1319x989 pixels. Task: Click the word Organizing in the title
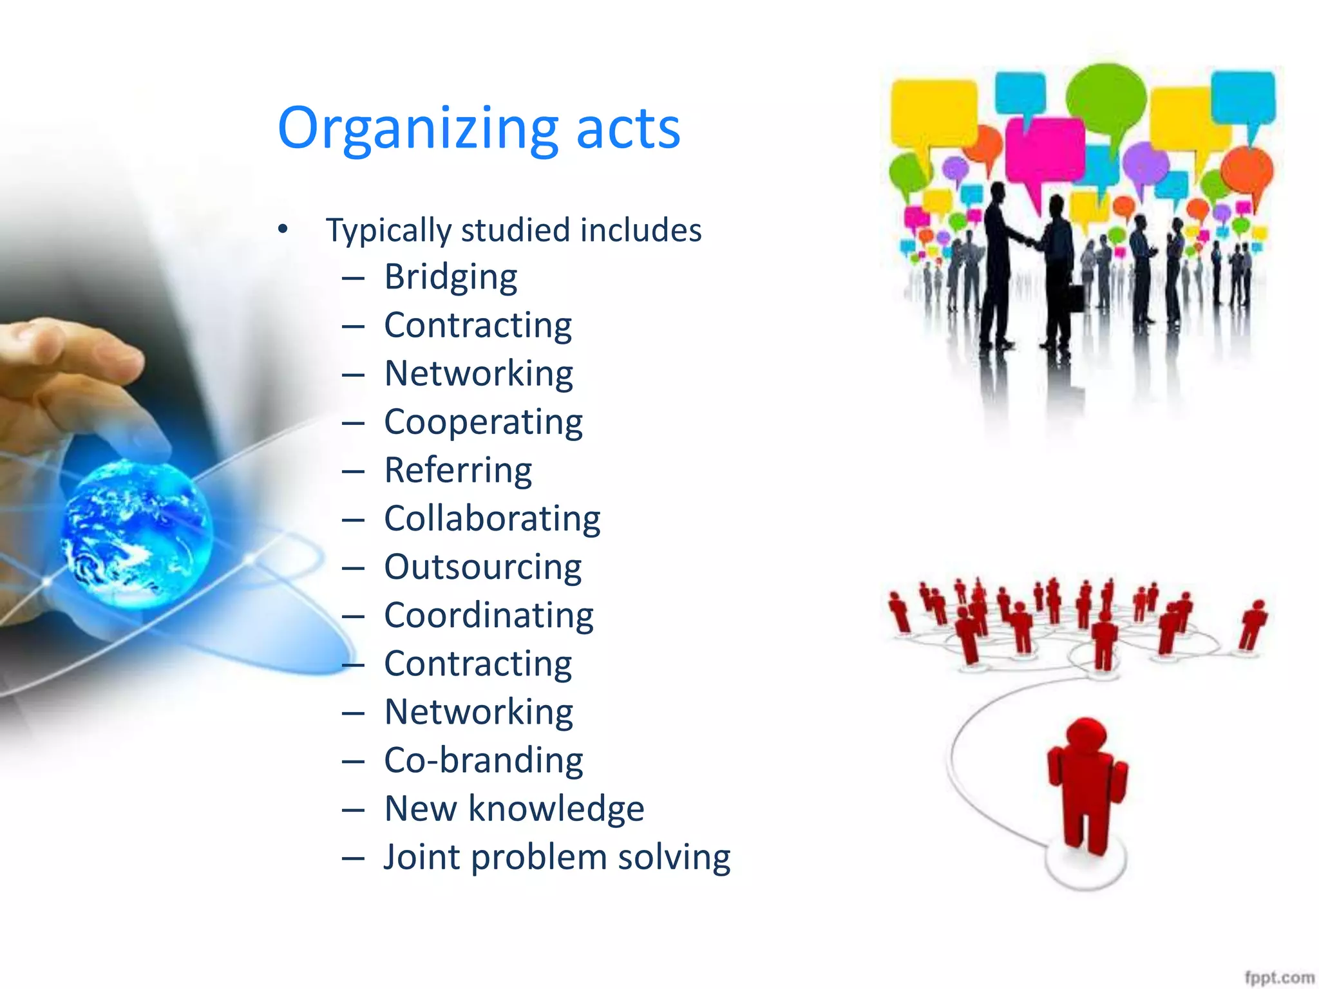pyautogui.click(x=417, y=129)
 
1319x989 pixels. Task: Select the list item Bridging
pyautogui.click(x=450, y=278)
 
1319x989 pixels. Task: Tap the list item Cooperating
pyautogui.click(x=483, y=423)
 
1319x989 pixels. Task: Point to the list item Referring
pyautogui.click(x=458, y=471)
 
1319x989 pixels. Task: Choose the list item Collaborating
pyautogui.click(x=492, y=519)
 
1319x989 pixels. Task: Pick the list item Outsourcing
pyautogui.click(x=482, y=568)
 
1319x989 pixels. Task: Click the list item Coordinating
pyautogui.click(x=488, y=616)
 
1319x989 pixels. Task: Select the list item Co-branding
pyautogui.click(x=483, y=761)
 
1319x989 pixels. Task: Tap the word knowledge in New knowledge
pyautogui.click(x=556, y=809)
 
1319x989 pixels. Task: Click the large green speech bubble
pyautogui.click(x=1106, y=100)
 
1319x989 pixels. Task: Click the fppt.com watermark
pyautogui.click(x=1278, y=976)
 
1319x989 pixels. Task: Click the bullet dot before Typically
pyautogui.click(x=283, y=229)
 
